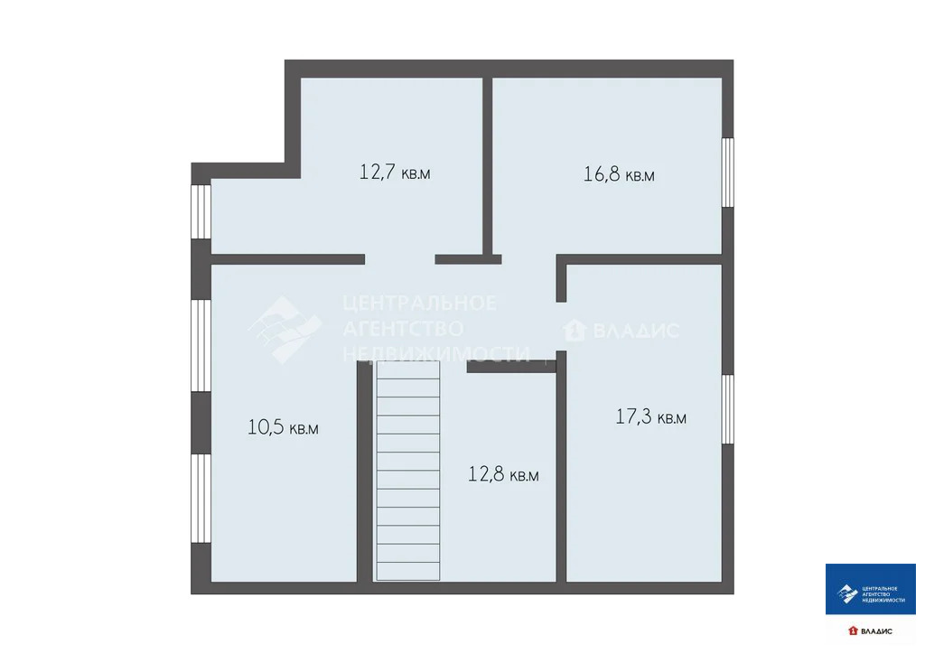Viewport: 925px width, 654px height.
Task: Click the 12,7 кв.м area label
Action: (395, 173)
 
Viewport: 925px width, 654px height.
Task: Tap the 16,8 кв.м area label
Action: (619, 174)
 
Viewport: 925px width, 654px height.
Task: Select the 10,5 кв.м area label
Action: (283, 427)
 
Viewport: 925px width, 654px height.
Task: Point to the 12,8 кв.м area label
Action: (503, 474)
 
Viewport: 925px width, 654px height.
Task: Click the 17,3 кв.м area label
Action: (650, 417)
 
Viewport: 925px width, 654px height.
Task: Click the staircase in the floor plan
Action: (408, 470)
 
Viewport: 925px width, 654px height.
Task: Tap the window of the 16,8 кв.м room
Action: (727, 173)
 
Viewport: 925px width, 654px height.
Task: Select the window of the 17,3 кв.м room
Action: (727, 408)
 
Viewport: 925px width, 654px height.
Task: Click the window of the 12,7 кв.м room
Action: (201, 211)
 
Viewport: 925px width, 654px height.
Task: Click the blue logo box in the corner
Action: (870, 590)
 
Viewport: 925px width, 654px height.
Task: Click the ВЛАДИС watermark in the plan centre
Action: (632, 331)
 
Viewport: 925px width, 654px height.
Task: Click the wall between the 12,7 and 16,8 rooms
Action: (487, 167)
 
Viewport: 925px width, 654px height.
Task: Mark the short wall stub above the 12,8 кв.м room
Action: (510, 366)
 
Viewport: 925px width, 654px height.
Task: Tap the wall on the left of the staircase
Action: (364, 470)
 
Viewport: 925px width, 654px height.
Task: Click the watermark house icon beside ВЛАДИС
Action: (573, 331)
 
